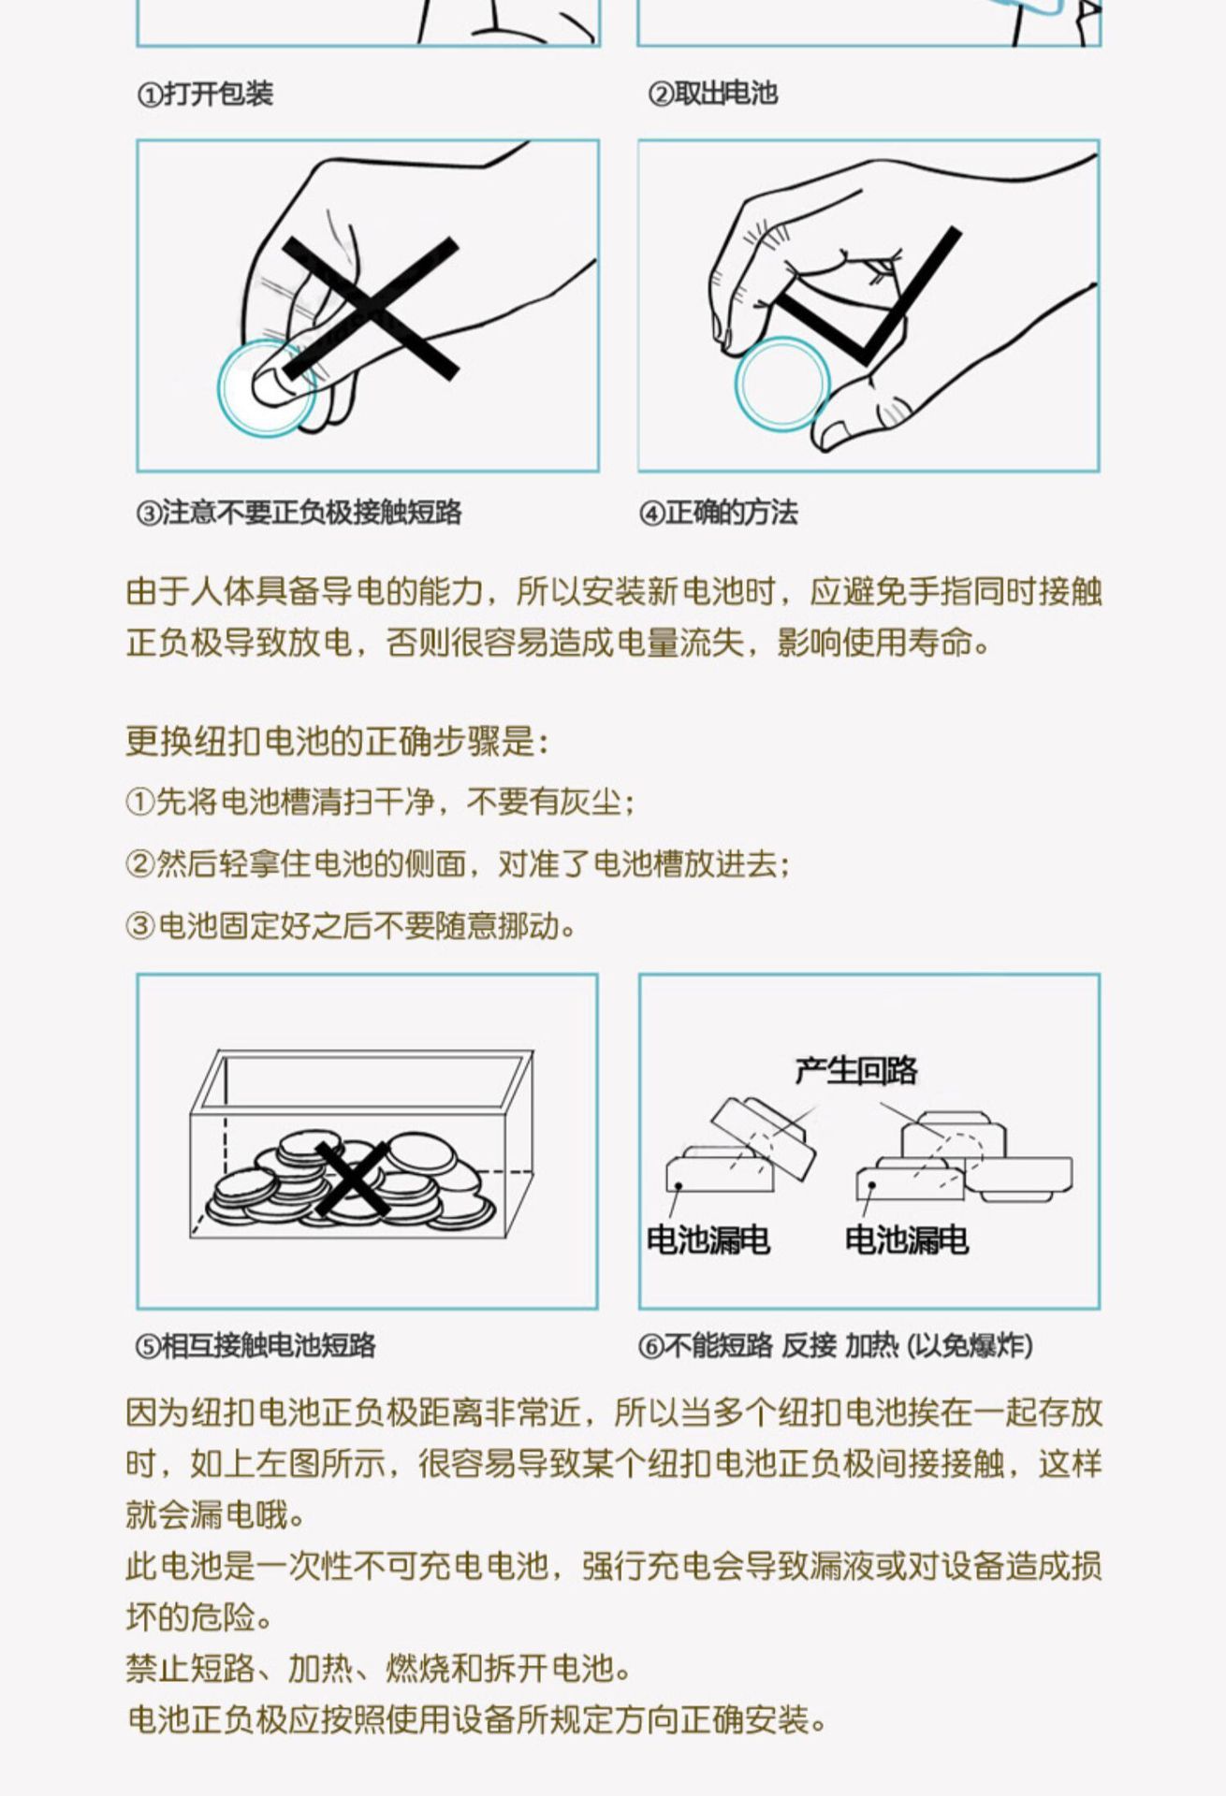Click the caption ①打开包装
(x=205, y=94)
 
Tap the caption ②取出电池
(x=713, y=94)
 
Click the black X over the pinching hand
(x=372, y=309)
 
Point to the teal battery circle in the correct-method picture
(x=781, y=384)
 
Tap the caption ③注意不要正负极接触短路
(x=299, y=513)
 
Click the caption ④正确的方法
(x=719, y=513)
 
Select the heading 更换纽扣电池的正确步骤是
(x=337, y=741)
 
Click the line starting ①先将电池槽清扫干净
(x=380, y=802)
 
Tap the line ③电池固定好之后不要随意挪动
(x=351, y=925)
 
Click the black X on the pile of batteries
(x=353, y=1180)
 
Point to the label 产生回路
(x=855, y=1070)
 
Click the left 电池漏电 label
(x=708, y=1240)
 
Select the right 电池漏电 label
(x=906, y=1240)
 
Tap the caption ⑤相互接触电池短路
(x=256, y=1345)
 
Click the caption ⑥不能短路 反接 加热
(x=836, y=1345)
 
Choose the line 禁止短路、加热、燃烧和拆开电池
(x=379, y=1668)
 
